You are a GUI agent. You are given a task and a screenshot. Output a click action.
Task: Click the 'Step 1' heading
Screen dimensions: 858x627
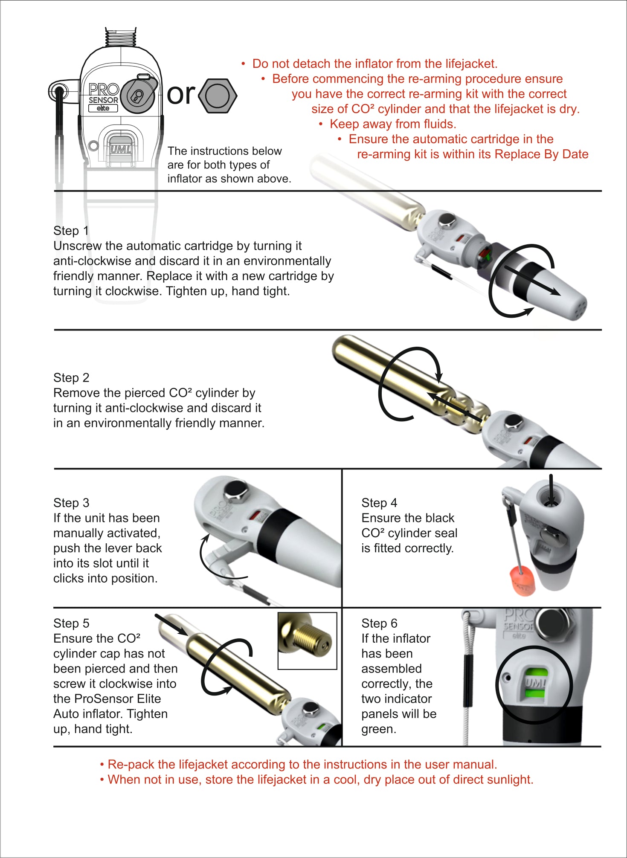click(71, 231)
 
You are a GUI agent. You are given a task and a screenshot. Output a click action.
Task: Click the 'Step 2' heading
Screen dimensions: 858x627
click(71, 378)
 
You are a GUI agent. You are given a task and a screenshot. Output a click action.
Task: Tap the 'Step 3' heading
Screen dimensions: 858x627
click(71, 503)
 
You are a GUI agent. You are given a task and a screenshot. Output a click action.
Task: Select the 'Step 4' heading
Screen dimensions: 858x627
click(379, 503)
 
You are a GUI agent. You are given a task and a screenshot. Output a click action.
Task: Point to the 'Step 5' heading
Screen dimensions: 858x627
click(71, 623)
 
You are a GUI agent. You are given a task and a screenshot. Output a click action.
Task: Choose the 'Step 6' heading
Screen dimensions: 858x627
click(379, 623)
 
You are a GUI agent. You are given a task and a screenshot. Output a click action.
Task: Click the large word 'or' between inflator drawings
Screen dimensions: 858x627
click(181, 94)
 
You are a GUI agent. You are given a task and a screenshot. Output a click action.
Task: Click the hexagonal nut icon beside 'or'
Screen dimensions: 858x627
click(218, 96)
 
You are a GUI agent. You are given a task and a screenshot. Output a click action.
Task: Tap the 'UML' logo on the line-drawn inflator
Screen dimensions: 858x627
click(121, 149)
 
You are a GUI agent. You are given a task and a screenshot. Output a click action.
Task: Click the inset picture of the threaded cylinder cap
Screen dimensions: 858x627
click(307, 641)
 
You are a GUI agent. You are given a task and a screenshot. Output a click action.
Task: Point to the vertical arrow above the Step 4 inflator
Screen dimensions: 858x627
click(551, 490)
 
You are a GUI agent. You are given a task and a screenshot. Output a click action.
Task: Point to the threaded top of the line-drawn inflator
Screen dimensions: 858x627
click(121, 37)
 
